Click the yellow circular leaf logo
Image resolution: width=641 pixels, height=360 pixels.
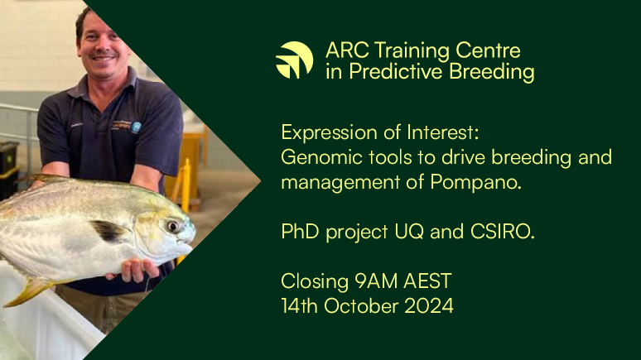coord(294,60)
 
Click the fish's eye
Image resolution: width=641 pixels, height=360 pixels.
coord(171,225)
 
